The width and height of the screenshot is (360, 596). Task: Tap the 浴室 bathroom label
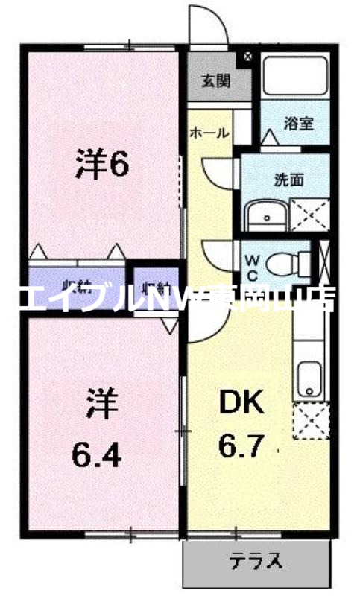coord(298,124)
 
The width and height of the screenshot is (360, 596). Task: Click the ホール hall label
coord(209,133)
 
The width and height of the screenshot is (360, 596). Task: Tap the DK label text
coord(241,403)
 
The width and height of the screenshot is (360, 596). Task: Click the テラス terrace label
coord(257,559)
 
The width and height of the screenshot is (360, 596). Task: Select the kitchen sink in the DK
coord(307,378)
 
